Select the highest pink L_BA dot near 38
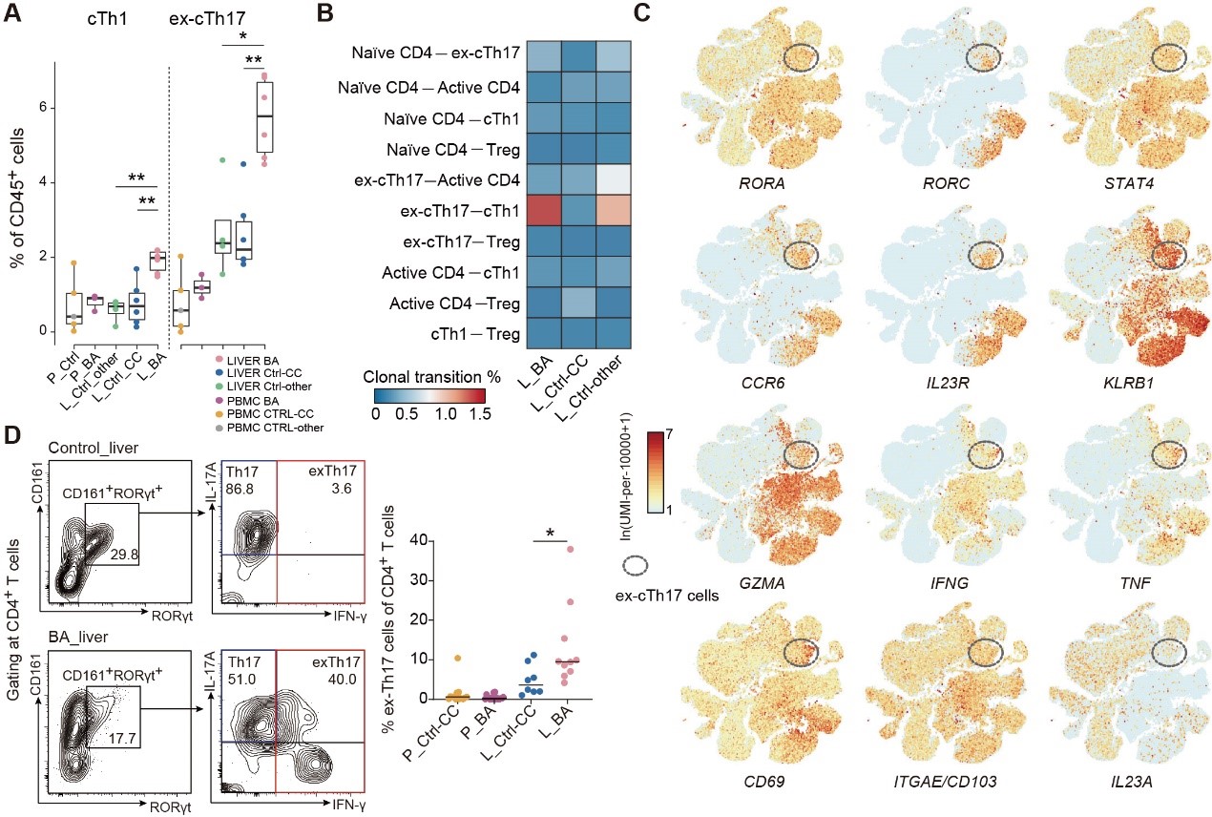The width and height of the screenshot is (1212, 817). point(571,549)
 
